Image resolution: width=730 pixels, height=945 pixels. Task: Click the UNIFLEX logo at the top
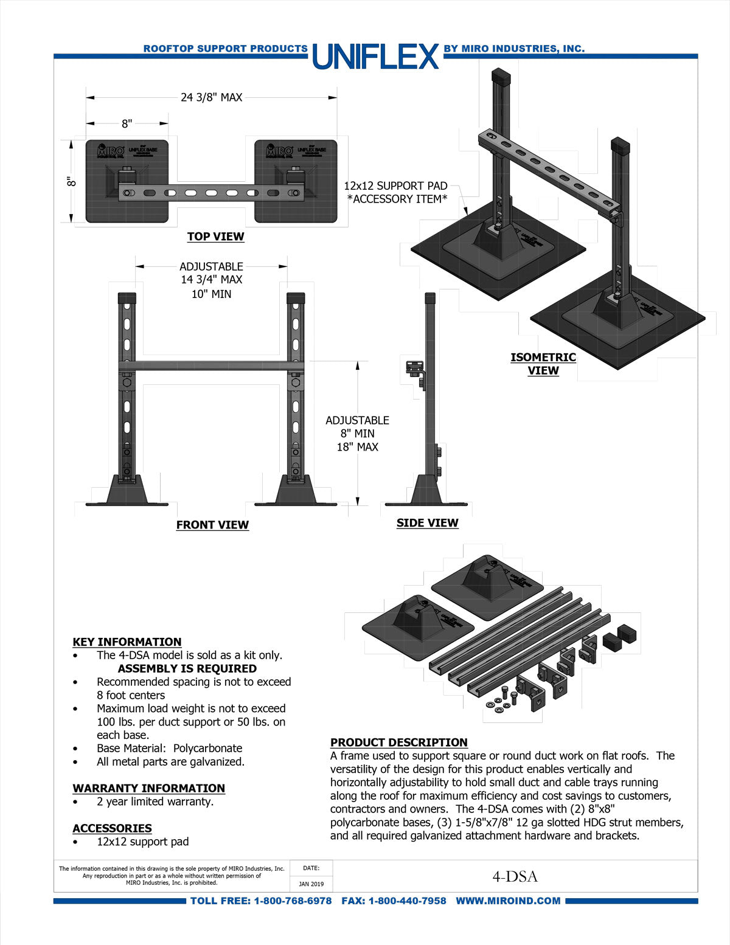tap(375, 57)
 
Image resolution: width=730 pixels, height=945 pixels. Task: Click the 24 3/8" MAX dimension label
tap(211, 97)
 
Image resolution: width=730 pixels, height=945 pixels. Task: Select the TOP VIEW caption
tap(215, 237)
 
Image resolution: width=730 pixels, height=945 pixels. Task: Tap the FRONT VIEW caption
tap(212, 525)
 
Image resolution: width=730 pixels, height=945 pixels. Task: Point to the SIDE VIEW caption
tap(427, 523)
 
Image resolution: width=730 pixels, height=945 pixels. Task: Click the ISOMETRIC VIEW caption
tap(543, 364)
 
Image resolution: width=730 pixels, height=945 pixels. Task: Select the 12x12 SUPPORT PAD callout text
tap(395, 186)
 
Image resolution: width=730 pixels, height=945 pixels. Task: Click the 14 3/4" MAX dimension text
tap(211, 280)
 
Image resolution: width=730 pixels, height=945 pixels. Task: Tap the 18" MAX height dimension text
tap(357, 447)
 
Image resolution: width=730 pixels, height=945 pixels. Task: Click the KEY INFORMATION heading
tap(127, 642)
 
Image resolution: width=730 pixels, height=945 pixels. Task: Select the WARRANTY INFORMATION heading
tap(148, 788)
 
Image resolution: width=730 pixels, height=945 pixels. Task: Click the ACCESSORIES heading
tap(112, 828)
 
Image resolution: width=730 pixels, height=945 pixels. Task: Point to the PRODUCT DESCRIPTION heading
tap(398, 742)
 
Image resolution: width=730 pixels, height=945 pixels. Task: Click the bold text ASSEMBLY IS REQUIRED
tap(187, 668)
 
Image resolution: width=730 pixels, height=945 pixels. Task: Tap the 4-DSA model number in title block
tap(515, 876)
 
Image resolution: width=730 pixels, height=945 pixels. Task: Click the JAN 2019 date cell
tap(311, 884)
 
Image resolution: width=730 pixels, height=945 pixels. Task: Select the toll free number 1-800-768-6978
tap(293, 901)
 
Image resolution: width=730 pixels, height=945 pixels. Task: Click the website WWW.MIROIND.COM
tap(508, 901)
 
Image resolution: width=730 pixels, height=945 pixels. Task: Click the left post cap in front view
tap(127, 299)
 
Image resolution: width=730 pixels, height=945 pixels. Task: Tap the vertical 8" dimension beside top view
tap(72, 181)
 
